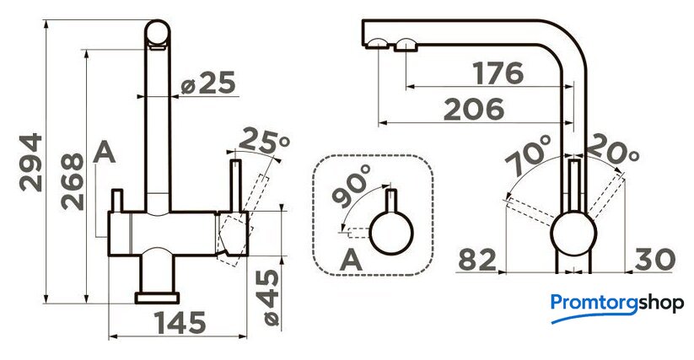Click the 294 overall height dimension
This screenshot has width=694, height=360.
click(31, 163)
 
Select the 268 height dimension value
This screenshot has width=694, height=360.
click(73, 181)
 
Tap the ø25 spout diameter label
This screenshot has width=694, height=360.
click(208, 83)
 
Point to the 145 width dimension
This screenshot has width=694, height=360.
click(180, 323)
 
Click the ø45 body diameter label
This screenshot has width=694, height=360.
click(267, 298)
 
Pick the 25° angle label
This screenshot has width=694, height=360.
click(265, 140)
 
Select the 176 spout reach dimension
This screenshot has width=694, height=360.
click(498, 73)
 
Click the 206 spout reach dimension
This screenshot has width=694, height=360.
click(474, 109)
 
